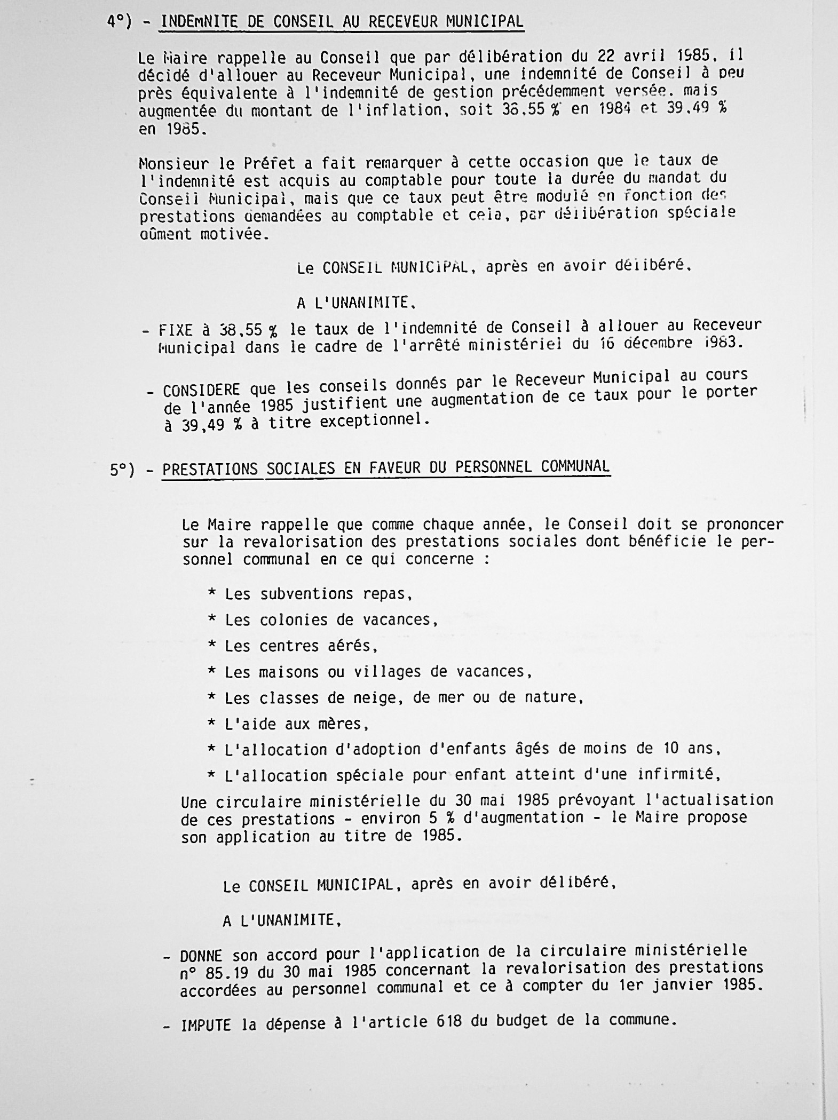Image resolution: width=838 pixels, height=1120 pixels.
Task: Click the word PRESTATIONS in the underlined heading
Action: coord(211,468)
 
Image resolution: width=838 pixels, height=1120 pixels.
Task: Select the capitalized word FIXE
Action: coord(175,330)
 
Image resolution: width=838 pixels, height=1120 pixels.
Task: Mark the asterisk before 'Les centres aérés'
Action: coord(212,646)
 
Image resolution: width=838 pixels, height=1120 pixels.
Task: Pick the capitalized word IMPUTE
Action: coord(205,1024)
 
